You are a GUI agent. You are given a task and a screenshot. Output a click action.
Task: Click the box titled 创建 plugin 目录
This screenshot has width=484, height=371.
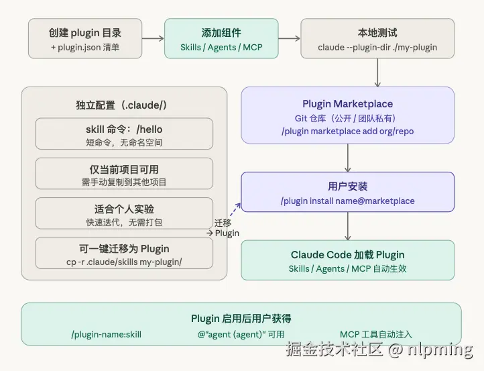(x=86, y=38)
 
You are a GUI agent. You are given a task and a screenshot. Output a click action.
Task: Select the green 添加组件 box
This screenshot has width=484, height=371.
(x=221, y=38)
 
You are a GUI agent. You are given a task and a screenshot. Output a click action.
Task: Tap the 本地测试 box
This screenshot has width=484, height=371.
(x=377, y=38)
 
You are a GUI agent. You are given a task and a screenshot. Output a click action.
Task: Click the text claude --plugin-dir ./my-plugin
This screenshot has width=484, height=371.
(x=377, y=48)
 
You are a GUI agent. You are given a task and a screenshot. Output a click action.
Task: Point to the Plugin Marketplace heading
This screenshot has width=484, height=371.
(x=347, y=104)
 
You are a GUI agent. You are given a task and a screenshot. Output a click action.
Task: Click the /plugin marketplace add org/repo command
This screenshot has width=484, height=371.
(x=347, y=131)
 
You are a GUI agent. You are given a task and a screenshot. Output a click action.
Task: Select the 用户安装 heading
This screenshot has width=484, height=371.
(x=347, y=186)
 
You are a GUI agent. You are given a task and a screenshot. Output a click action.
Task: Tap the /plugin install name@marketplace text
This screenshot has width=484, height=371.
(x=347, y=201)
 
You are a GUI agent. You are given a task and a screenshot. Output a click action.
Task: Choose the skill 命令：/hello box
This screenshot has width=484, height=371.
(x=124, y=134)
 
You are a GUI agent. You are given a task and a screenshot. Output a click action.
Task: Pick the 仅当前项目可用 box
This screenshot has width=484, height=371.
(x=124, y=174)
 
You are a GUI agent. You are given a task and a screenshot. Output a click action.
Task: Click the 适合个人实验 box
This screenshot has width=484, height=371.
(x=124, y=213)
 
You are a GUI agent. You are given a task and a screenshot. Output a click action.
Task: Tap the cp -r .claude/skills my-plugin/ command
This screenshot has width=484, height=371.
(x=124, y=262)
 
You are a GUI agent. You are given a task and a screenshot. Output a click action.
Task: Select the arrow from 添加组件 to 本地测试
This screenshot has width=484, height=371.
(x=289, y=38)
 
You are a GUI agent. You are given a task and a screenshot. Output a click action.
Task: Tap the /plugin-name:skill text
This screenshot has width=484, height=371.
(x=106, y=333)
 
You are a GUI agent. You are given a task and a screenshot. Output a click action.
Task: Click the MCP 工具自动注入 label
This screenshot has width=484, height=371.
(x=375, y=333)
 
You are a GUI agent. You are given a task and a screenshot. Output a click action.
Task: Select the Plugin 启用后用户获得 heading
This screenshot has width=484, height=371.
(x=241, y=318)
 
